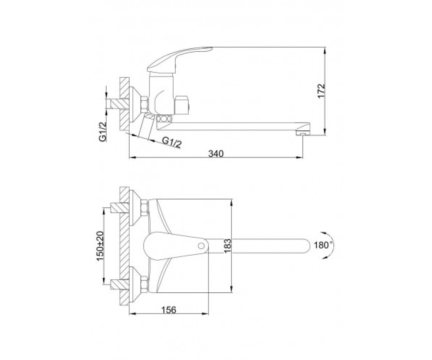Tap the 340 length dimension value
pyautogui.click(x=216, y=154)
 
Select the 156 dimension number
pyautogui.click(x=168, y=316)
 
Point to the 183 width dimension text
pyautogui.click(x=228, y=246)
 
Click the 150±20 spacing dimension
pyautogui.click(x=100, y=246)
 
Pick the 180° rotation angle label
pyautogui.click(x=324, y=246)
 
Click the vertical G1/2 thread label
pyautogui.click(x=103, y=132)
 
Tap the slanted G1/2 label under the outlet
pyautogui.click(x=172, y=142)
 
